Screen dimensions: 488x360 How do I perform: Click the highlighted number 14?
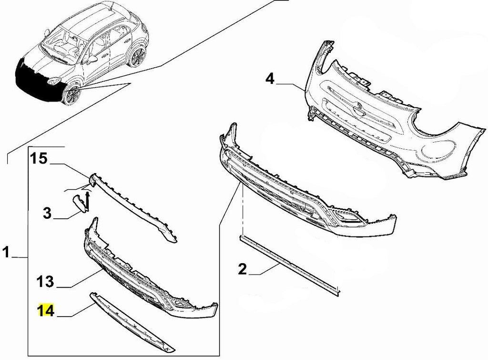[46, 310]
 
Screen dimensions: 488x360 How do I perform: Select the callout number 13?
[45, 281]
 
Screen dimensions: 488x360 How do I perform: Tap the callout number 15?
[39, 158]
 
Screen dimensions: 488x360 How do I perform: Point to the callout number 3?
[47, 213]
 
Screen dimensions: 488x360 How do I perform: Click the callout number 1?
[6, 252]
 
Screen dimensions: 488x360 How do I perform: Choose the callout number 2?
[243, 269]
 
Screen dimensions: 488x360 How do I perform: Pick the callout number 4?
[270, 79]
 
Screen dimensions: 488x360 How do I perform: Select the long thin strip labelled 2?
[288, 265]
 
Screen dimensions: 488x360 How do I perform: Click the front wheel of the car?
[71, 95]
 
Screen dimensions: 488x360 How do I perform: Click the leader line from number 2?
[264, 270]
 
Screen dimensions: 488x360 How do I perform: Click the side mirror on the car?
[92, 59]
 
